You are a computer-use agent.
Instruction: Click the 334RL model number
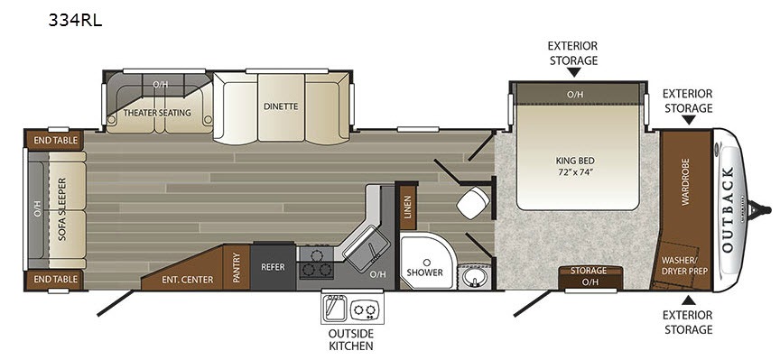tap(75, 21)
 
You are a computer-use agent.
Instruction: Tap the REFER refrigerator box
tap(273, 266)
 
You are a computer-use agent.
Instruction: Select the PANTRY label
tap(237, 267)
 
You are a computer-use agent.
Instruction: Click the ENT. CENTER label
tap(188, 280)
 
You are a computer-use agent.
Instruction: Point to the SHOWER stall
tap(427, 262)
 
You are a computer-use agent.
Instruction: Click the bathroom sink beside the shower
tap(473, 277)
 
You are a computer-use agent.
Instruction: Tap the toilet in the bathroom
tap(472, 202)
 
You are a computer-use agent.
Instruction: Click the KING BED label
tap(576, 161)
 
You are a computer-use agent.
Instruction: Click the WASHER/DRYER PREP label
tap(684, 266)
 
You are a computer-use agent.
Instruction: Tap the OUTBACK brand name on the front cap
tap(728, 210)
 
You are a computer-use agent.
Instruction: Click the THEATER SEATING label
tap(157, 113)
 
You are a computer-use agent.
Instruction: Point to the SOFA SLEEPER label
tap(62, 208)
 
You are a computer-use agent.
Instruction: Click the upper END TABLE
tap(56, 140)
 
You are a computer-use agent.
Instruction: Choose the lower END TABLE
tap(56, 280)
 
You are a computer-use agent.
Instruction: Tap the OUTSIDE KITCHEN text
tap(352, 339)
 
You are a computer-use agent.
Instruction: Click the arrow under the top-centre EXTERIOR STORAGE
tap(573, 72)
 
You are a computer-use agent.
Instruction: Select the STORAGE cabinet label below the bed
tap(589, 271)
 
